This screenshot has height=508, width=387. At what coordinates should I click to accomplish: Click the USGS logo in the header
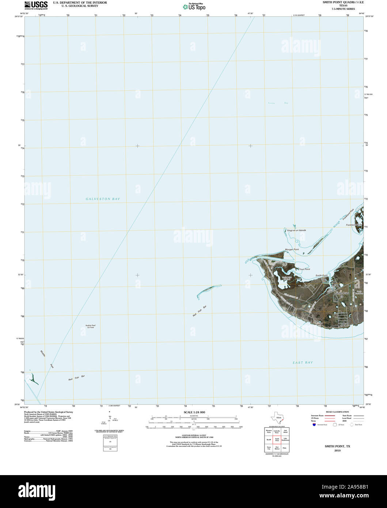coord(36,5)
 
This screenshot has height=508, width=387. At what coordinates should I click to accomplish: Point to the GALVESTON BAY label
coord(103,199)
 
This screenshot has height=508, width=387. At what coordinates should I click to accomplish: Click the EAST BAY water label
coord(303,363)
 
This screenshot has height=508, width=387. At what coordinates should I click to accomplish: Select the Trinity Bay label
coord(278,103)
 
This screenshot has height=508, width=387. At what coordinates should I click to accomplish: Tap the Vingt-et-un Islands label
coord(296,230)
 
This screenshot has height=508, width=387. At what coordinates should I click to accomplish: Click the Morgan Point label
coord(292,249)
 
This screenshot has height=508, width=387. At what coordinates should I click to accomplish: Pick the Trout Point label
coord(304,269)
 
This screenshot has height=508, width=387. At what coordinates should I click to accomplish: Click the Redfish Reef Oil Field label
coord(90,326)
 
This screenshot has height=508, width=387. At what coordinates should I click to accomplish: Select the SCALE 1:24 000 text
coord(194,412)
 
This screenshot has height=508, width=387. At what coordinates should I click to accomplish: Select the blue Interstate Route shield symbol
coord(314,425)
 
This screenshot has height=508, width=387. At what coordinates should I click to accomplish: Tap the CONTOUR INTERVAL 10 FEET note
coord(194,436)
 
